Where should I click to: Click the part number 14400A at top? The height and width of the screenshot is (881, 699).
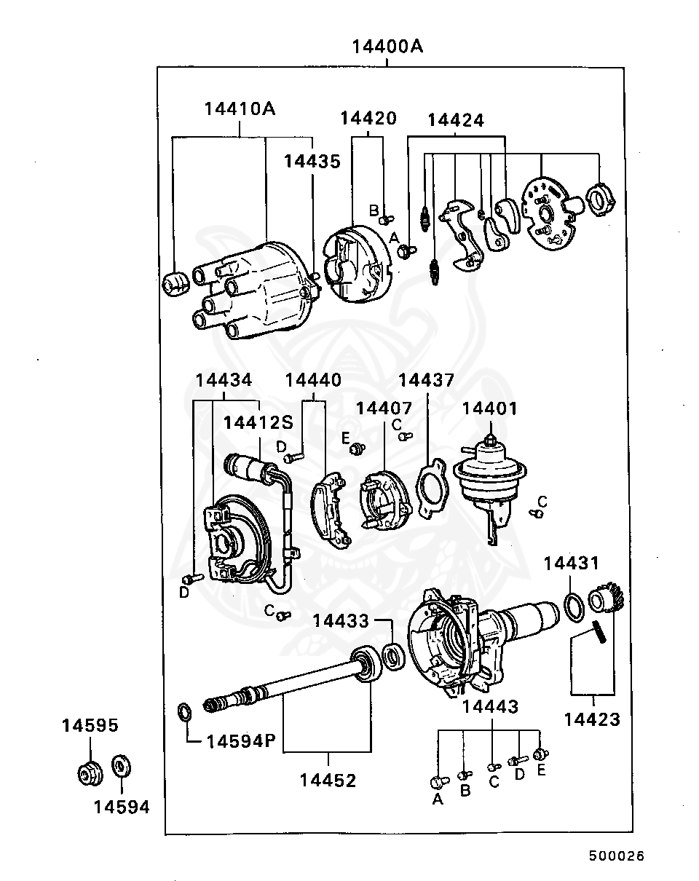click(387, 47)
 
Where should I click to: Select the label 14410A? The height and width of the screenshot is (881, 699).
click(240, 109)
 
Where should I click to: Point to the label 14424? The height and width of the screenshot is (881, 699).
click(455, 120)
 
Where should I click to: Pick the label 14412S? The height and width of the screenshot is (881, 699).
click(258, 422)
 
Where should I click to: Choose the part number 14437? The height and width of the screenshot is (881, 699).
click(426, 380)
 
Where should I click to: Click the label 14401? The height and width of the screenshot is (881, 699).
click(489, 408)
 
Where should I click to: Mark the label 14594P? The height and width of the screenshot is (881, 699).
click(240, 741)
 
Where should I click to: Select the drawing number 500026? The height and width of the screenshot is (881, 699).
click(616, 856)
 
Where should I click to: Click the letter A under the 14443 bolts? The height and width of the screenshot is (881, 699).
click(438, 799)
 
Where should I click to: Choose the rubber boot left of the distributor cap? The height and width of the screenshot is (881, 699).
click(175, 283)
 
